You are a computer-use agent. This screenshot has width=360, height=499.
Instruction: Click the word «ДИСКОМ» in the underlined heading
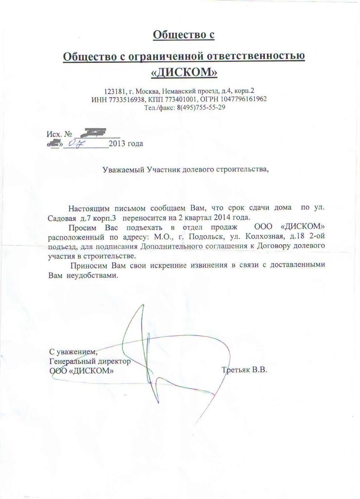tap(184, 72)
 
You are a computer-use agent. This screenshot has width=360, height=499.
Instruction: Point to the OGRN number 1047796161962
tap(244, 99)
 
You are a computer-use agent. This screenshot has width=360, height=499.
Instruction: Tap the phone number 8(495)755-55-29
tap(197, 107)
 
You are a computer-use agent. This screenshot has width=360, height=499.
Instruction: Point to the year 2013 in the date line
tap(117, 144)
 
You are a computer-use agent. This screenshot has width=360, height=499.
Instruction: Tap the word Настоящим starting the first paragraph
tap(88, 207)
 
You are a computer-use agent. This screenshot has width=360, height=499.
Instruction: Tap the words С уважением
tap(73, 352)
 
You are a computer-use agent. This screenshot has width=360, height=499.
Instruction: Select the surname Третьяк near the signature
tap(236, 370)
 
